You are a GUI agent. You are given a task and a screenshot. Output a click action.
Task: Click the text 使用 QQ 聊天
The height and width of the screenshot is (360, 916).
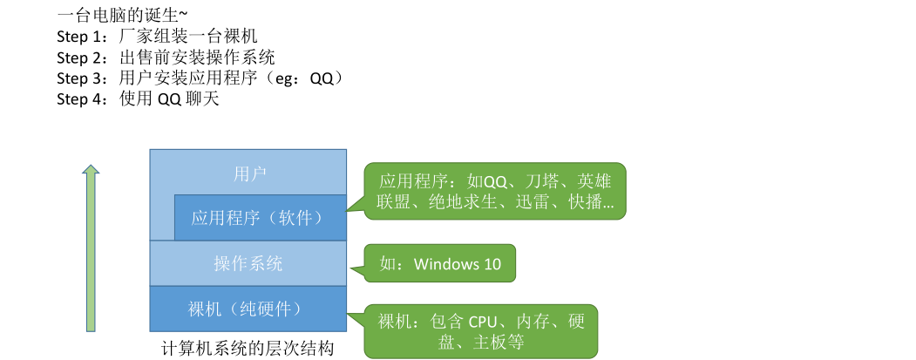point(169,99)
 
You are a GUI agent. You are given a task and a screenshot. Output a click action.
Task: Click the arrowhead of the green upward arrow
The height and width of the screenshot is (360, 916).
point(90,168)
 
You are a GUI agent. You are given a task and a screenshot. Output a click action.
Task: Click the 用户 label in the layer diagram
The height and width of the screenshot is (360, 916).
point(248,173)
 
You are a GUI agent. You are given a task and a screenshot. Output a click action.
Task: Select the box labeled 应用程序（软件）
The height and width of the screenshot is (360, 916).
point(261,218)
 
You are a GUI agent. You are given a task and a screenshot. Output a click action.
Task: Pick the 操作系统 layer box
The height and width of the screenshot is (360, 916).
point(248,263)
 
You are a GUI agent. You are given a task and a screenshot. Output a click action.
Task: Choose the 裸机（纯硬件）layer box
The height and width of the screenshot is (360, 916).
point(248,309)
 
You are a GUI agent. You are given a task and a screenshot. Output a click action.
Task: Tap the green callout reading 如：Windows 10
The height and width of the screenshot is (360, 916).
point(440,263)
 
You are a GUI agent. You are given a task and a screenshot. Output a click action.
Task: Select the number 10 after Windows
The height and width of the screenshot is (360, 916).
point(492,263)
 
